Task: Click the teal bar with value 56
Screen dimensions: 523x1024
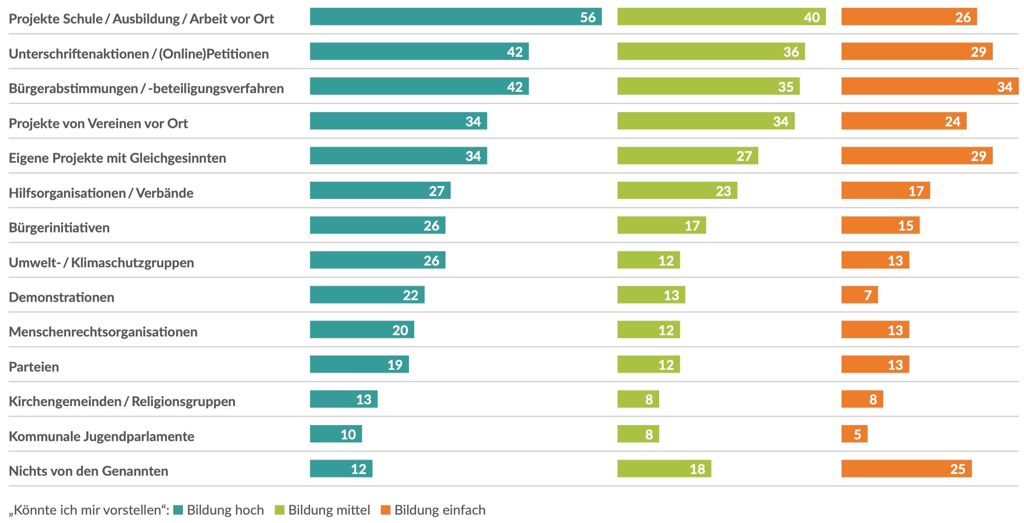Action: tap(456, 17)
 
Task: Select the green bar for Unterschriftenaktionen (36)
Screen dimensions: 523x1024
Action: tap(711, 52)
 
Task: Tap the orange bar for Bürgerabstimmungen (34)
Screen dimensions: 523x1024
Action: tap(930, 86)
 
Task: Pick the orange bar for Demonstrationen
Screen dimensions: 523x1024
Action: tap(859, 295)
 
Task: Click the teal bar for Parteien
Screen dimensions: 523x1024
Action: tap(359, 365)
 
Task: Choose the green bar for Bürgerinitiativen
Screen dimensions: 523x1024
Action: tap(661, 225)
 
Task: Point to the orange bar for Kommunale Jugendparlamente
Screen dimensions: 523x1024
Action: tap(854, 434)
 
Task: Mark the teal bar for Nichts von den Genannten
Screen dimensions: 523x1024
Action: tap(341, 469)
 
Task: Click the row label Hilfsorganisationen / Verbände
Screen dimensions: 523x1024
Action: tap(101, 193)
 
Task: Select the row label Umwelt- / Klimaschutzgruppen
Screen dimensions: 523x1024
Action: tap(101, 262)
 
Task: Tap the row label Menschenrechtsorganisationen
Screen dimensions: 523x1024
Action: tap(103, 332)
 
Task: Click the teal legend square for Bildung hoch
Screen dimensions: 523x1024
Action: tap(178, 510)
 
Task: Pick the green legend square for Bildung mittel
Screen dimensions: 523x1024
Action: tap(279, 510)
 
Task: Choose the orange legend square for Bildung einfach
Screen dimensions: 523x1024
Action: tap(386, 510)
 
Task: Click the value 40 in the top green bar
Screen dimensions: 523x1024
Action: tap(812, 17)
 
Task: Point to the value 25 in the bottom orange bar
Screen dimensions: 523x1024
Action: tap(957, 469)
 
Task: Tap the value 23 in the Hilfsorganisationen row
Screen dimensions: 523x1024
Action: tap(723, 191)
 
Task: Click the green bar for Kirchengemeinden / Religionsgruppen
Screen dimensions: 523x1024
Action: tap(638, 400)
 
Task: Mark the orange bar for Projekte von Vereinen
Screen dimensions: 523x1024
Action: tap(904, 121)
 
